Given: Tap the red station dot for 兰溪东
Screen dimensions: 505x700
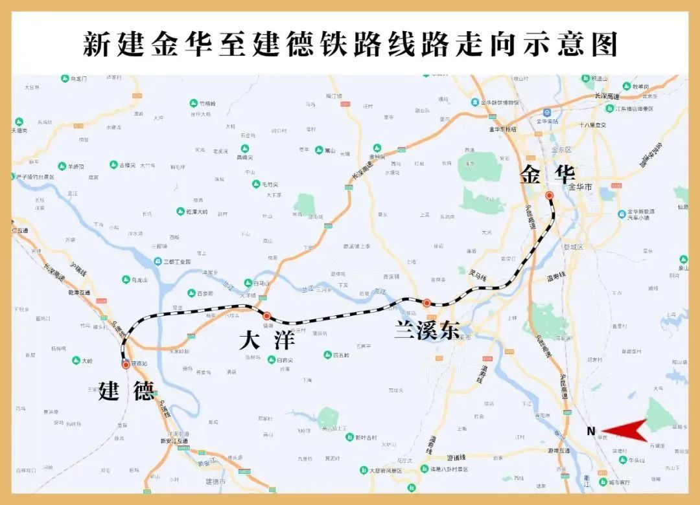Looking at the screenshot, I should point(426,303).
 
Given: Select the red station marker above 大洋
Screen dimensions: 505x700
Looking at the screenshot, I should point(266,316).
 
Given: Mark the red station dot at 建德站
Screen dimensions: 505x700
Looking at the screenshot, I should point(126,365).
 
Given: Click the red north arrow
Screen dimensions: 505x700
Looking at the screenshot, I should point(625,430).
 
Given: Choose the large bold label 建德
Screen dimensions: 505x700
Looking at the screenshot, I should point(126,391).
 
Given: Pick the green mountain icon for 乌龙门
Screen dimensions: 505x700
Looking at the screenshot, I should point(65,78).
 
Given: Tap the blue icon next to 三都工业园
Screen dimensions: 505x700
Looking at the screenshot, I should point(157,262).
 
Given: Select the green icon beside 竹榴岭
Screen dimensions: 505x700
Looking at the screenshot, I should point(193,103).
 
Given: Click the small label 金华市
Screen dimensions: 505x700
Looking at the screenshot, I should point(580,187).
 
